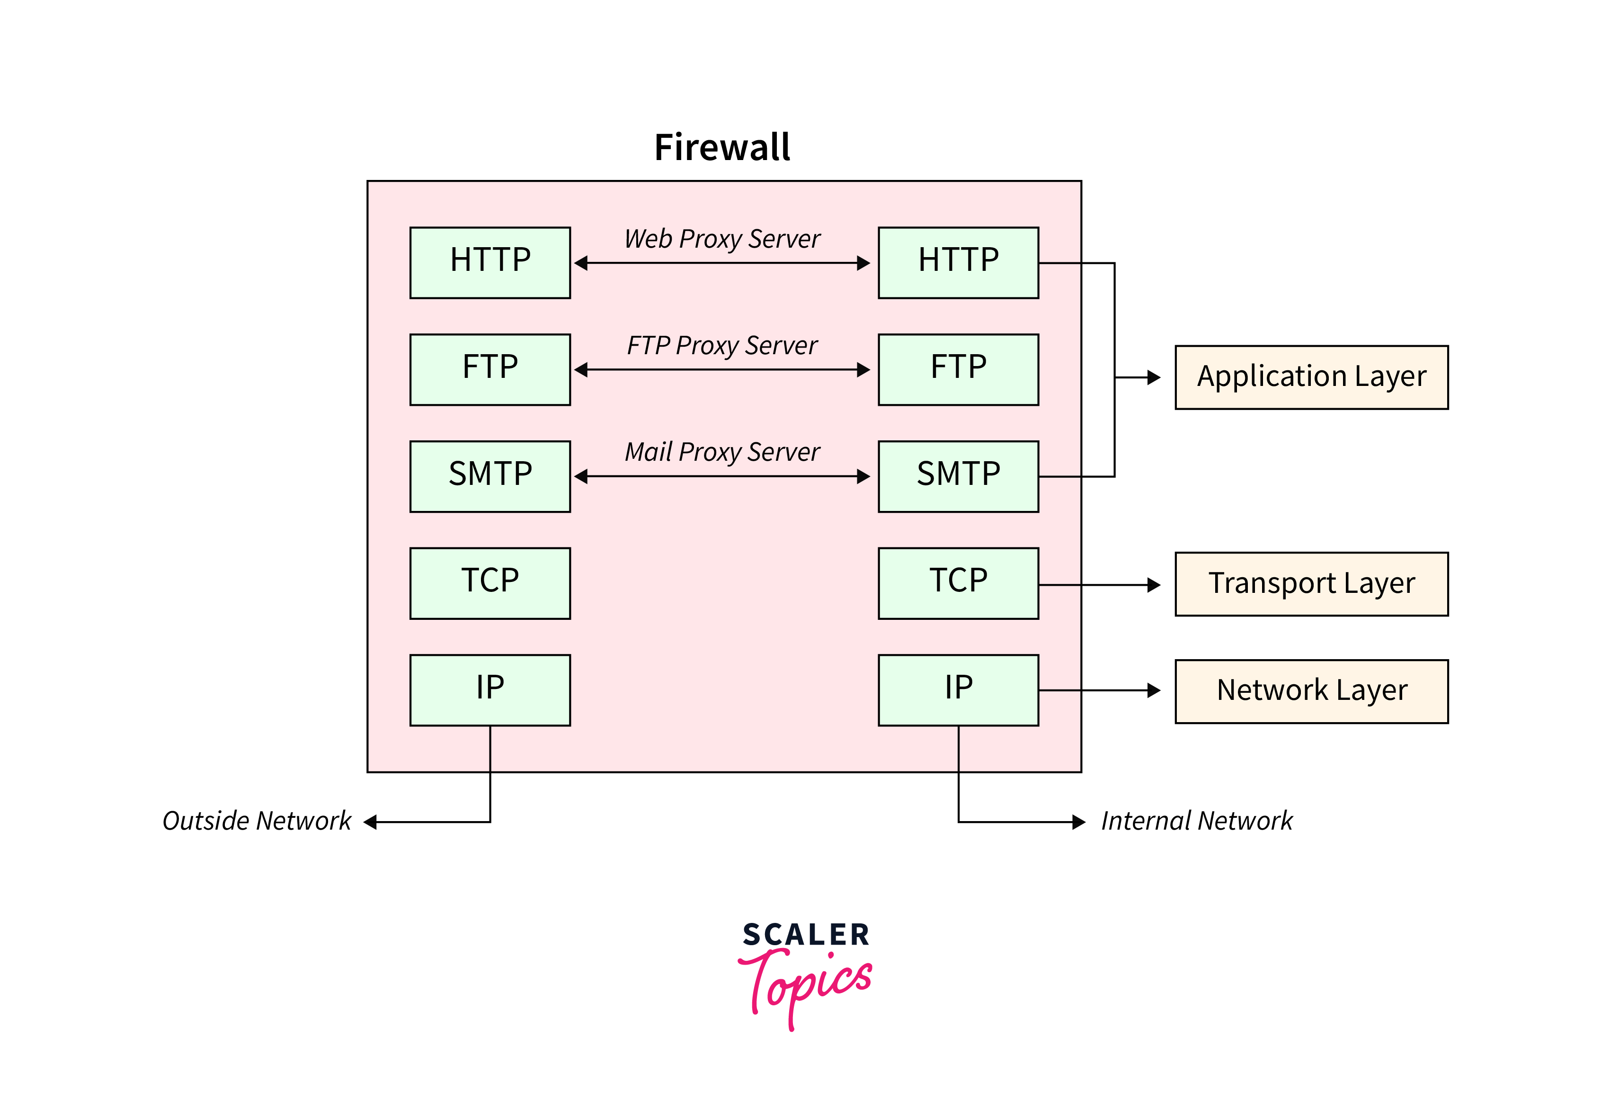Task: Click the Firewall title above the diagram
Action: click(x=721, y=148)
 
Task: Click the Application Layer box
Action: click(x=1310, y=377)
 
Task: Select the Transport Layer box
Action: click(x=1310, y=583)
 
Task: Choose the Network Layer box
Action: click(x=1310, y=691)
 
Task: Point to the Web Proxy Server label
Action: click(x=721, y=239)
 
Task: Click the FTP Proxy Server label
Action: click(x=721, y=345)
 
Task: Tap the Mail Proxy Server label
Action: click(x=721, y=452)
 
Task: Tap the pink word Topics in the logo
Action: click(x=805, y=984)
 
